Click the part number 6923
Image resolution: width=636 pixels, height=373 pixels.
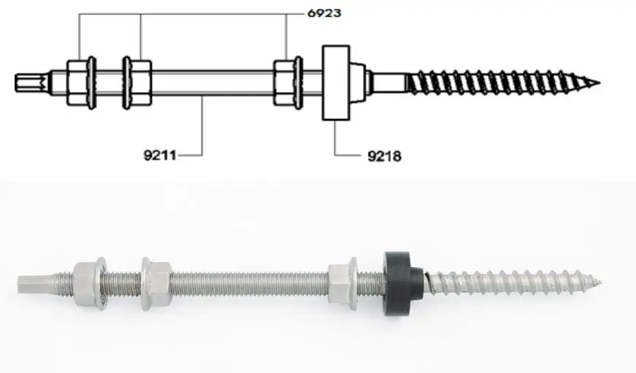tap(324, 13)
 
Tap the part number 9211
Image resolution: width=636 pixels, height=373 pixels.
tap(160, 155)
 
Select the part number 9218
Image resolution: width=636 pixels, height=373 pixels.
tap(385, 155)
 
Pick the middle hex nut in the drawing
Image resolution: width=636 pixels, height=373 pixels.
tap(137, 82)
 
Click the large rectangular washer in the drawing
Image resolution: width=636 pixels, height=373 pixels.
tap(336, 82)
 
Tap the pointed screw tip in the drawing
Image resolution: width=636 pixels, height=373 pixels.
tap(599, 83)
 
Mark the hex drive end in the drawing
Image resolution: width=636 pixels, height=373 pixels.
tap(32, 82)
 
